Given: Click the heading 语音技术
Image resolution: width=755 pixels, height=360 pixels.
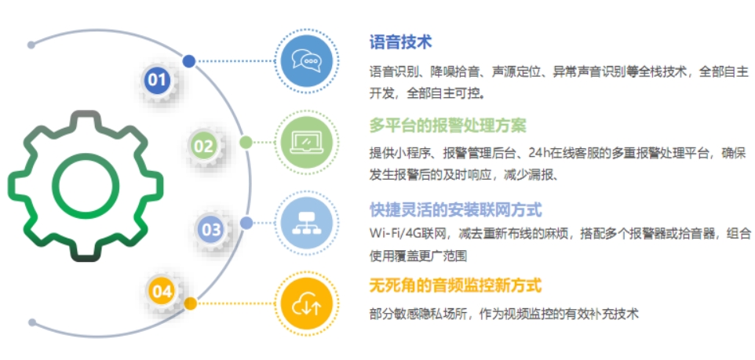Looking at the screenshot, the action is click(x=400, y=42).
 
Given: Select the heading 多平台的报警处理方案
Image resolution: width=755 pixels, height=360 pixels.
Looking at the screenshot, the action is click(x=448, y=126).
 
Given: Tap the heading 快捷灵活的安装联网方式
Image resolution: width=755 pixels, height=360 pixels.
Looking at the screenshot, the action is click(x=456, y=210).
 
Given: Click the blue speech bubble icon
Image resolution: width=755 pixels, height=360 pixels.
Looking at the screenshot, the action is click(x=306, y=61).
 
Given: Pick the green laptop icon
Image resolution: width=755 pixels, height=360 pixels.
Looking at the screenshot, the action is click(x=306, y=143).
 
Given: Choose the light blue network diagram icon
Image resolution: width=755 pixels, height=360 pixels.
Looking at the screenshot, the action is click(x=306, y=223).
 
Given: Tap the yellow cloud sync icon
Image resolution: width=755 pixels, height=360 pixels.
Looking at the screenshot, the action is click(x=306, y=304).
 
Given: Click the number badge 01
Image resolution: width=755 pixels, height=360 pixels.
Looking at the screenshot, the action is click(x=156, y=80).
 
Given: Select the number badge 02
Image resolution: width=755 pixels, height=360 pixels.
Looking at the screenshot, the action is click(x=202, y=146).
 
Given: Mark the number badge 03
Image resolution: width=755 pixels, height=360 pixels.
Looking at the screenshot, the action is click(x=211, y=230).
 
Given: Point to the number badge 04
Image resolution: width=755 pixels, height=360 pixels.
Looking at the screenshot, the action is click(x=162, y=291).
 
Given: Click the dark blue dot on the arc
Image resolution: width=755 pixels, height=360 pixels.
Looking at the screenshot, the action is click(x=188, y=61).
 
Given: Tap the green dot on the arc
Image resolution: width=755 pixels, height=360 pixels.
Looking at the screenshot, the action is click(x=246, y=142).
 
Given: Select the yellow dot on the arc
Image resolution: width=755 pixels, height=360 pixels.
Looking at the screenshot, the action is click(x=191, y=304).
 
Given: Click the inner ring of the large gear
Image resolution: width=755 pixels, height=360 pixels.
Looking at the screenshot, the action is click(x=86, y=158).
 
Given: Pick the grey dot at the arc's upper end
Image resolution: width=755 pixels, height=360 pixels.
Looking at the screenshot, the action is click(x=31, y=45).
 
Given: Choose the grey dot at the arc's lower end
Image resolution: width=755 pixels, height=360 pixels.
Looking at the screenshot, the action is click(x=32, y=322).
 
